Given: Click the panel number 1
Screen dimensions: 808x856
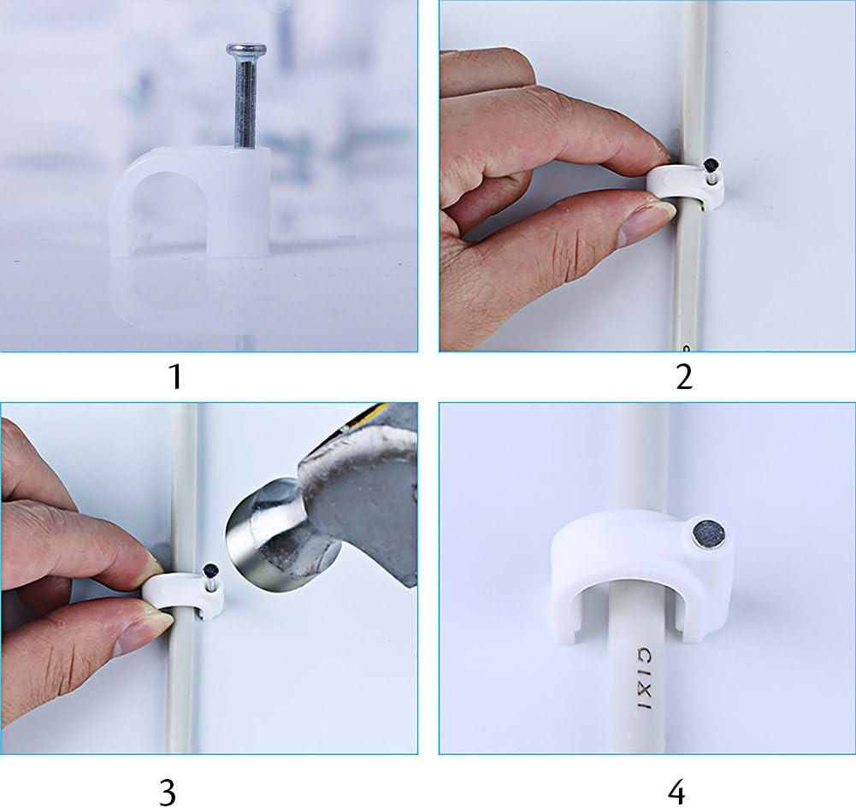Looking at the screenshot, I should click(x=175, y=375).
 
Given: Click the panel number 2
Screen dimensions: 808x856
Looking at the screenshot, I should click(x=683, y=375).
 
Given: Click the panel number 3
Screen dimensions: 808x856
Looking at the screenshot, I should click(x=168, y=792).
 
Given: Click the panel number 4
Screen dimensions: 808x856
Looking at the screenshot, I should click(x=676, y=792).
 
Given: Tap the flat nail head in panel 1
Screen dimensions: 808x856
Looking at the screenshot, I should click(x=246, y=50).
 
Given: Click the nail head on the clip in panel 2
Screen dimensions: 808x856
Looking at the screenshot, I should click(x=711, y=164).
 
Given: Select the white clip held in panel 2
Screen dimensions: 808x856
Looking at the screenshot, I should click(x=684, y=184).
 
